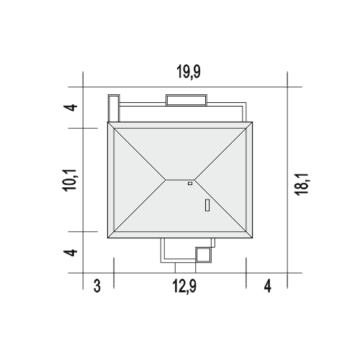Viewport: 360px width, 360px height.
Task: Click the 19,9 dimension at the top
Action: point(189,72)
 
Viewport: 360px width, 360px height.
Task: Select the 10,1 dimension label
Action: point(70,180)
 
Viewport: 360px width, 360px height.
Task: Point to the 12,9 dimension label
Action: point(184,287)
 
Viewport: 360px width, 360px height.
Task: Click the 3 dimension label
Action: point(97,287)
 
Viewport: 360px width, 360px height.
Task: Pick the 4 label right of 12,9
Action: point(268,287)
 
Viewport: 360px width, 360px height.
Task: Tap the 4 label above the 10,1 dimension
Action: point(71,107)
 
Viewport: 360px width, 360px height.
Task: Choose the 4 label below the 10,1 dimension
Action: point(71,253)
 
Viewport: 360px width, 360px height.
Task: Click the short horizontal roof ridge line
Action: point(180,179)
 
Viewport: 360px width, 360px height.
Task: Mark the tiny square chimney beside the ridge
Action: point(190,184)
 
